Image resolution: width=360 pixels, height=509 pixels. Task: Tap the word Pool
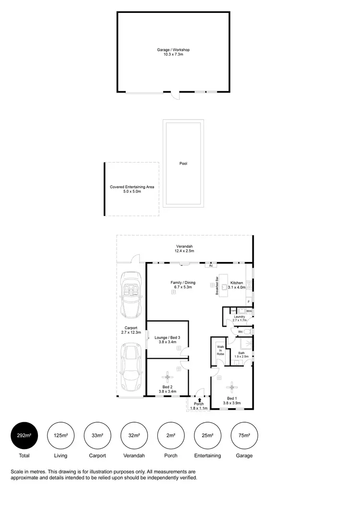click(183, 164)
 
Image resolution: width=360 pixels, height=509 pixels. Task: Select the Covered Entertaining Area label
click(132, 189)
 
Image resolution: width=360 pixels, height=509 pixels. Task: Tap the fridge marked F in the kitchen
click(249, 301)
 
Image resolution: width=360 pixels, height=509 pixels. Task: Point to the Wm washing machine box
click(242, 311)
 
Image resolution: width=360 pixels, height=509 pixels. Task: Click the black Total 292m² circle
click(24, 436)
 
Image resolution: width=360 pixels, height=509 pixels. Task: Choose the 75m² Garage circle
click(244, 436)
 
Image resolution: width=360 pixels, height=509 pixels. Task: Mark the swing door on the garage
click(176, 95)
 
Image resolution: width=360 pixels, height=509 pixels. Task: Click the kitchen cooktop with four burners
click(249, 284)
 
